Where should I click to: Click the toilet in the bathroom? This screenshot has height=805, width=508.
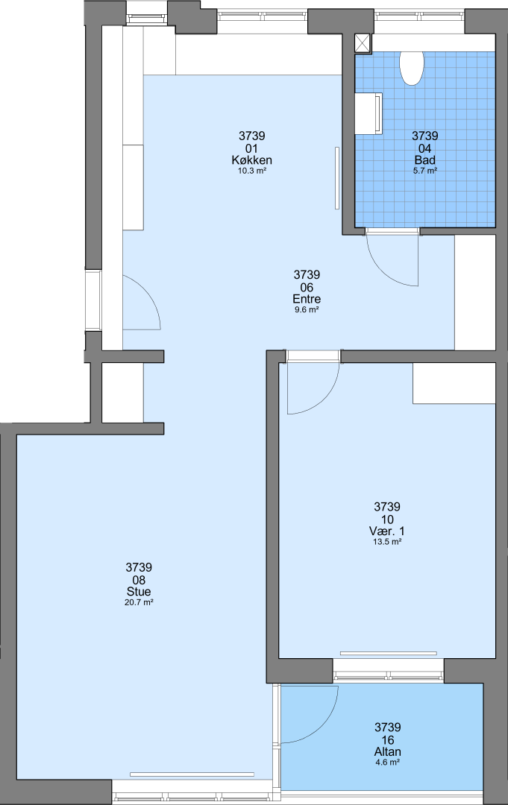click(x=412, y=68)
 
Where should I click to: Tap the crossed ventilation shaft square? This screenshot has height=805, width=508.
click(x=363, y=43)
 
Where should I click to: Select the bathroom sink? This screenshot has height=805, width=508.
click(x=369, y=113)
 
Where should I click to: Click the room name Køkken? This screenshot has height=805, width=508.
click(x=251, y=160)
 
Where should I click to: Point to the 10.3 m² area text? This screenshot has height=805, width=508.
click(x=251, y=171)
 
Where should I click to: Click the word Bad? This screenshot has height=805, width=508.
click(x=424, y=160)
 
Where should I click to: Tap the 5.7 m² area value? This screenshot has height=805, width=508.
click(x=424, y=171)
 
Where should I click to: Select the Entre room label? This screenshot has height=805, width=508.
click(x=307, y=299)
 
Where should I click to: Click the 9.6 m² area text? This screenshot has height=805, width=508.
click(x=307, y=309)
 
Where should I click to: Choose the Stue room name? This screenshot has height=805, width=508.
click(x=139, y=591)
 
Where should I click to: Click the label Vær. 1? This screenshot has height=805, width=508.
click(x=387, y=531)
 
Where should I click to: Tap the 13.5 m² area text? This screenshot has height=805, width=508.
click(x=387, y=542)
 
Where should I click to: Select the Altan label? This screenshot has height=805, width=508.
click(x=387, y=751)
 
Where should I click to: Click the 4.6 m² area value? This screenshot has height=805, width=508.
click(x=387, y=763)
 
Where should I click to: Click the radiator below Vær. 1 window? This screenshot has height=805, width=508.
click(x=389, y=654)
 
